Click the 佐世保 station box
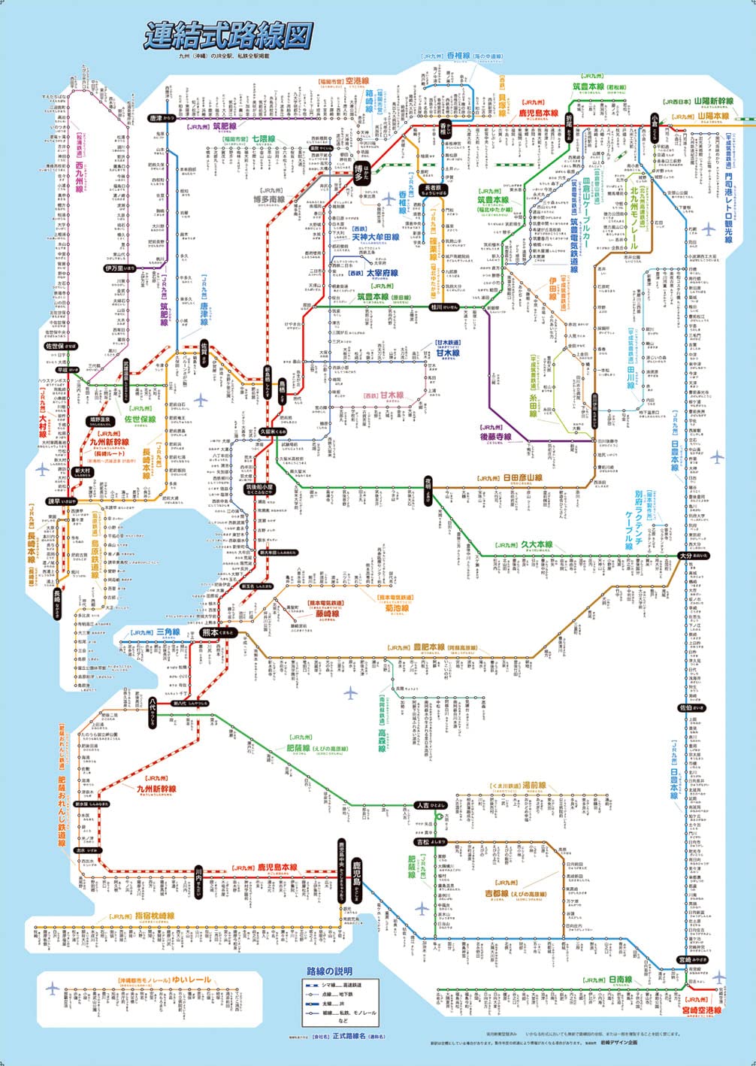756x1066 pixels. (60, 347)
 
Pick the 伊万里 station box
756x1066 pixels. (120, 268)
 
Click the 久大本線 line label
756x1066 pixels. (535, 545)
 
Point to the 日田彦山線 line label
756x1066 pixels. (522, 477)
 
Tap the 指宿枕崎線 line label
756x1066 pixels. (155, 916)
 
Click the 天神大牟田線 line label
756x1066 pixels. (376, 237)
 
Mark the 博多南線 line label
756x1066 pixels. (268, 200)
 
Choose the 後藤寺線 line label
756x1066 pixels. (495, 436)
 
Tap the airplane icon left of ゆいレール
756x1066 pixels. (52, 988)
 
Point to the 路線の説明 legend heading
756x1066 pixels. (329, 971)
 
